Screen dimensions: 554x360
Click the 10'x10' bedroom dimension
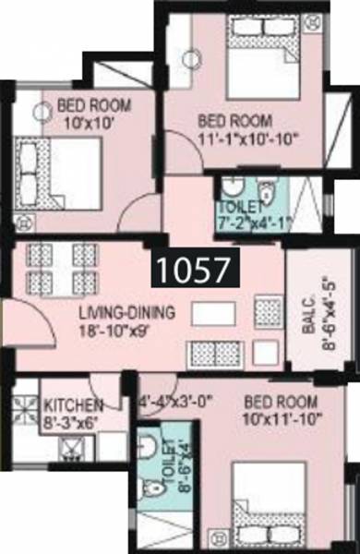[x=82, y=120]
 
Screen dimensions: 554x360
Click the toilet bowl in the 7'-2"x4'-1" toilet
[x=266, y=194]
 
